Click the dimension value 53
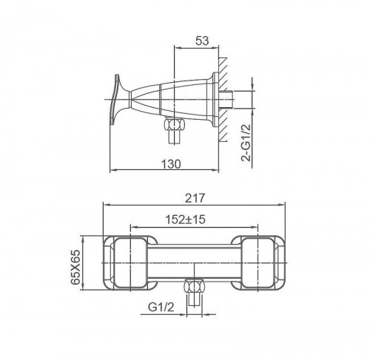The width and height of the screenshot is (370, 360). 202,41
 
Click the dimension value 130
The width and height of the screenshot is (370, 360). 171,164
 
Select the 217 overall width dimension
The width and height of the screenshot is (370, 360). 195,198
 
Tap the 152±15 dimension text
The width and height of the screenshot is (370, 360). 185,220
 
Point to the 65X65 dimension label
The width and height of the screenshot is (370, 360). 75,267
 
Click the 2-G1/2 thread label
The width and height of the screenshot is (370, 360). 246,143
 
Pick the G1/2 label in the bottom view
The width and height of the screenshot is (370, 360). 161,307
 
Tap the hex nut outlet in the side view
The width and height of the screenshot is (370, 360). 175,123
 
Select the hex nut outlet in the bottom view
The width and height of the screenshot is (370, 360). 195,286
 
